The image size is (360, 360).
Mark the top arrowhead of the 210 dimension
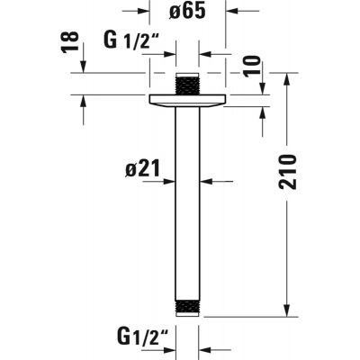click(x=286, y=77)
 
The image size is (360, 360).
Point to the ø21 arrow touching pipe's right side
click(x=205, y=181)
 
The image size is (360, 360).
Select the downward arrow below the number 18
click(x=83, y=67)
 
